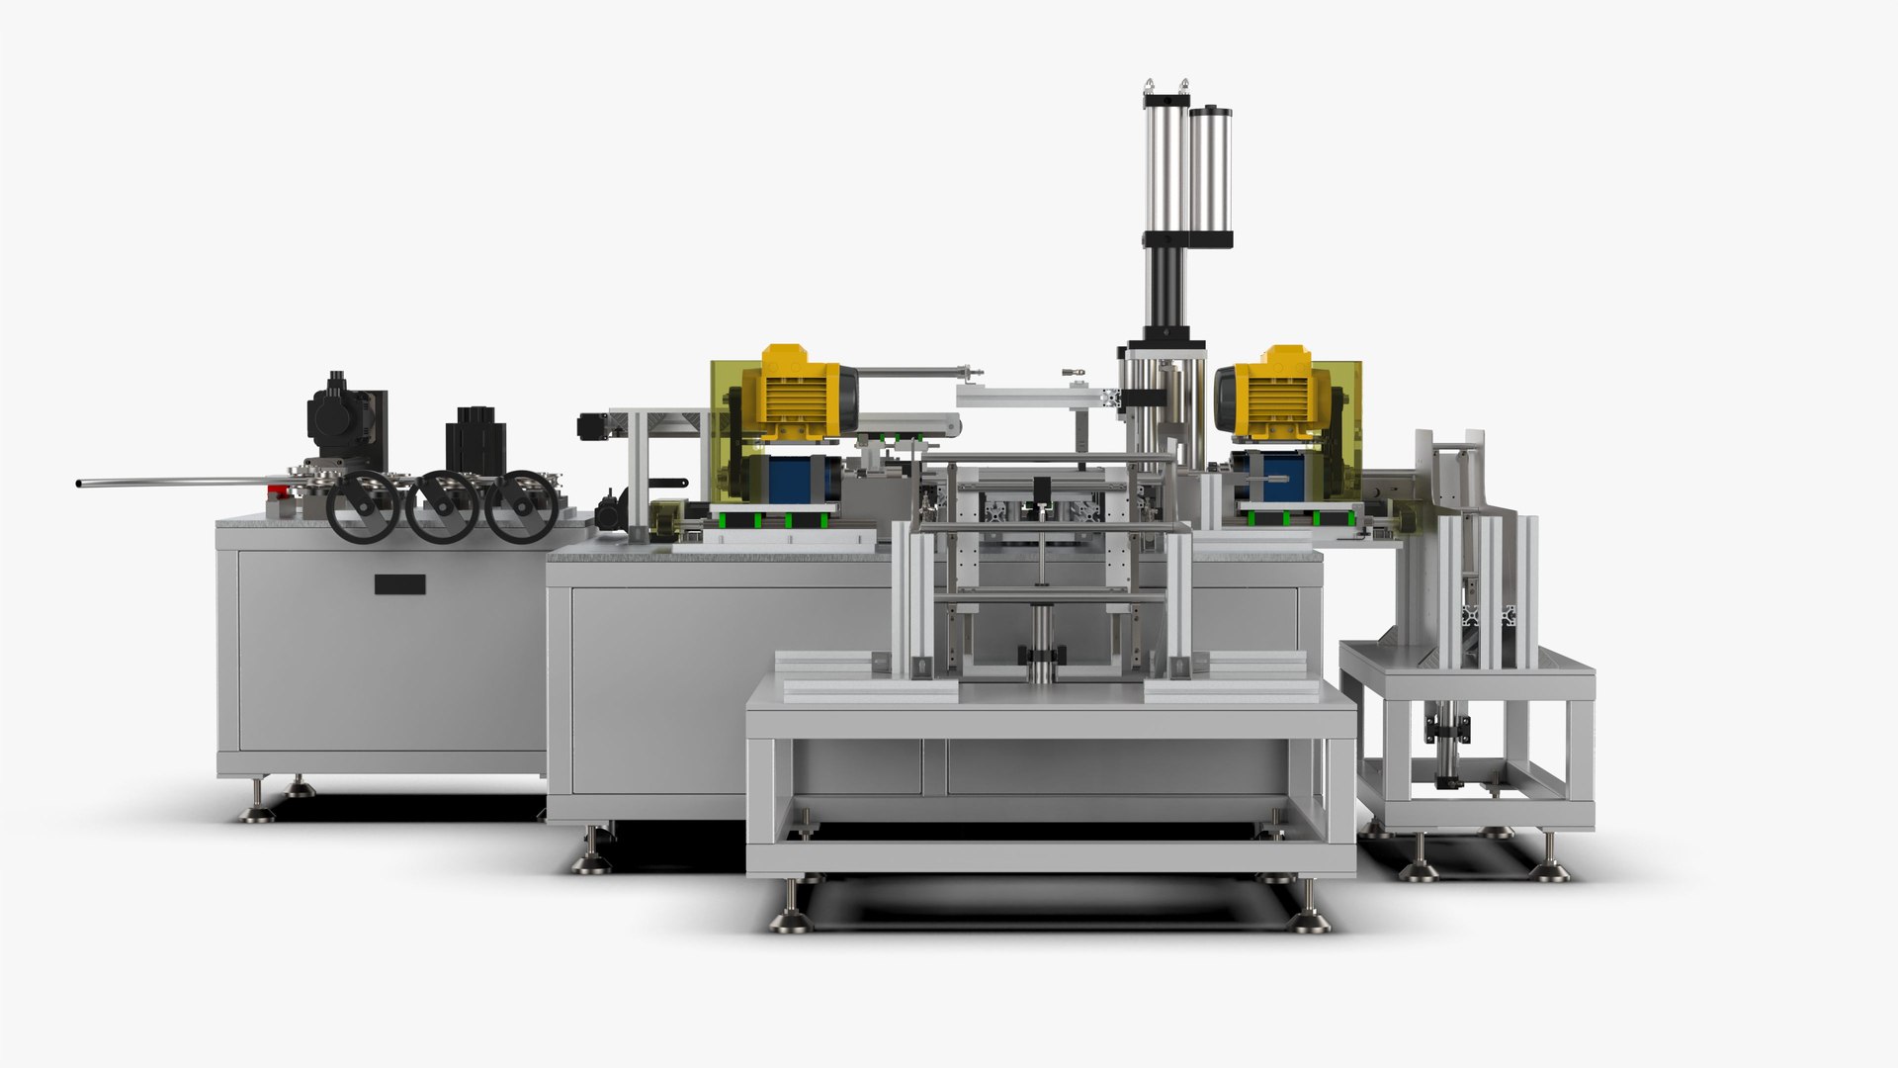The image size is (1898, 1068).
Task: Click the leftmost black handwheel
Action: pyautogui.click(x=363, y=506)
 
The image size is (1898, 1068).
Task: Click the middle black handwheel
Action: pyautogui.click(x=442, y=506)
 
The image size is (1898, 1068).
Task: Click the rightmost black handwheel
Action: pyautogui.click(x=521, y=506)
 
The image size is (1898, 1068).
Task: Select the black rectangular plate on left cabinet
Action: pyautogui.click(x=399, y=584)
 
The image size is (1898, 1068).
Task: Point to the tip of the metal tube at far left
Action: pyautogui.click(x=79, y=484)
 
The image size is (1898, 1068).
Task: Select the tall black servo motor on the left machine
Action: pyautogui.click(x=342, y=415)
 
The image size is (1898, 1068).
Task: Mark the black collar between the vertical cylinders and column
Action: pyautogui.click(x=1187, y=239)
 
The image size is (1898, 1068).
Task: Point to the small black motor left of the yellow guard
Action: pyautogui.click(x=598, y=427)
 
